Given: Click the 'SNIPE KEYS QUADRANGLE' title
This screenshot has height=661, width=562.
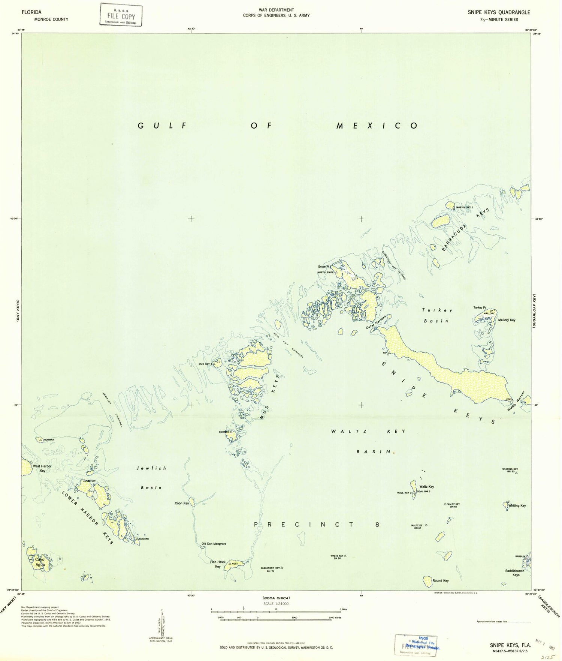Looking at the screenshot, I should pyautogui.click(x=499, y=12).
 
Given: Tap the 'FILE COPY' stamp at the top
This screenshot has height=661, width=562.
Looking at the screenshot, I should pyautogui.click(x=121, y=16).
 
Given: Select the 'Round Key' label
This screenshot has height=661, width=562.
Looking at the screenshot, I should pyautogui.click(x=440, y=580).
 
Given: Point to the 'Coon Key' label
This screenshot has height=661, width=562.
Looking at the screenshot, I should pyautogui.click(x=182, y=503).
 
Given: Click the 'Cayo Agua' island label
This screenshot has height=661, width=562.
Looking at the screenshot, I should pyautogui.click(x=40, y=562).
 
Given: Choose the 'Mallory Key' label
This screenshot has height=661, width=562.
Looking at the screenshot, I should pyautogui.click(x=507, y=320).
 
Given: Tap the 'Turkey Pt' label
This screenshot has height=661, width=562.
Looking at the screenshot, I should pyautogui.click(x=479, y=307).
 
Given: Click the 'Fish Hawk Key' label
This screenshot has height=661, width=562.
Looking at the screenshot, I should pyautogui.click(x=218, y=564).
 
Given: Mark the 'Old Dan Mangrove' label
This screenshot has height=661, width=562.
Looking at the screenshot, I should pyautogui.click(x=214, y=544).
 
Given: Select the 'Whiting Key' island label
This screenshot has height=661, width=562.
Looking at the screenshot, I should pyautogui.click(x=517, y=505).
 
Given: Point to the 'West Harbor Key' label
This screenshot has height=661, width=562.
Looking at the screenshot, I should pyautogui.click(x=42, y=468).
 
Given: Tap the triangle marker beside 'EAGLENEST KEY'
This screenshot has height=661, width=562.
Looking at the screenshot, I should pyautogui.click(x=282, y=568).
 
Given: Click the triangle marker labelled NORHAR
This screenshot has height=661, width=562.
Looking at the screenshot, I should pyautogui.click(x=40, y=439).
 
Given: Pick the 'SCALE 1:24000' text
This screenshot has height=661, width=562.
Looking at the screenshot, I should pyautogui.click(x=276, y=604).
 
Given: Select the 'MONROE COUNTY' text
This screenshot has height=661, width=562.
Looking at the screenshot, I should pyautogui.click(x=51, y=19).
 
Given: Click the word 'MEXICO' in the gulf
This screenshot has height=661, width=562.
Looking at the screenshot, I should pyautogui.click(x=377, y=126).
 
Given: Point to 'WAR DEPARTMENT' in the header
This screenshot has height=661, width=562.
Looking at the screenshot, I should pyautogui.click(x=276, y=10).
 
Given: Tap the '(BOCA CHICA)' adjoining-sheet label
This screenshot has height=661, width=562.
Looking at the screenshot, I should pyautogui.click(x=276, y=598).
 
